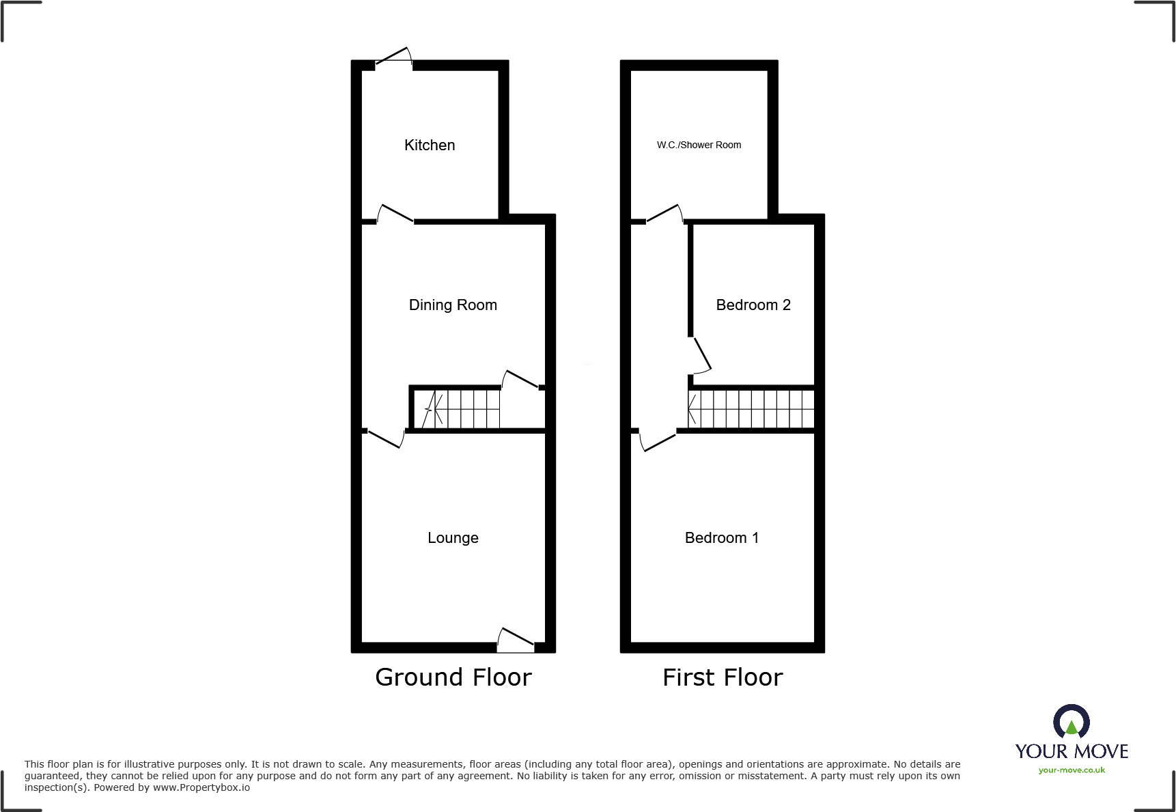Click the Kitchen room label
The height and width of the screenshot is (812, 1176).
coord(430,145)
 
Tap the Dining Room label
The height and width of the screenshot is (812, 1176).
coord(453,305)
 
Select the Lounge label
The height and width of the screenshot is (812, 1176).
coord(453,537)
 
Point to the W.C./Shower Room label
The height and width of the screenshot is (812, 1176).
coord(699,145)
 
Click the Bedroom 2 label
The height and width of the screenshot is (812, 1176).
coord(753,305)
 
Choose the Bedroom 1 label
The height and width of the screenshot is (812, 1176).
coord(722,537)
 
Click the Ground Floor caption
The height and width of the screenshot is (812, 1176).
coord(453,677)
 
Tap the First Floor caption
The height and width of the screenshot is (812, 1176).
coord(723,677)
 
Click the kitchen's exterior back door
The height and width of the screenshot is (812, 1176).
coord(394,59)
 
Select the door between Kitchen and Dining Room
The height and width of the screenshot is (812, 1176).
coord(395,214)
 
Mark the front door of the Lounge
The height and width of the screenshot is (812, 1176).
coord(516,639)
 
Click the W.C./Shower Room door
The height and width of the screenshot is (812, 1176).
coord(664,214)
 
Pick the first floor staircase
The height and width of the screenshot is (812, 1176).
coord(751,408)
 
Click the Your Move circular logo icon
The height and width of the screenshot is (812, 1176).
coord(1072,722)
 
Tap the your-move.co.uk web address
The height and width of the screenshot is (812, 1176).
coord(1072,770)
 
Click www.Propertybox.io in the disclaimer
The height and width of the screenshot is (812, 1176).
coord(201,787)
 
